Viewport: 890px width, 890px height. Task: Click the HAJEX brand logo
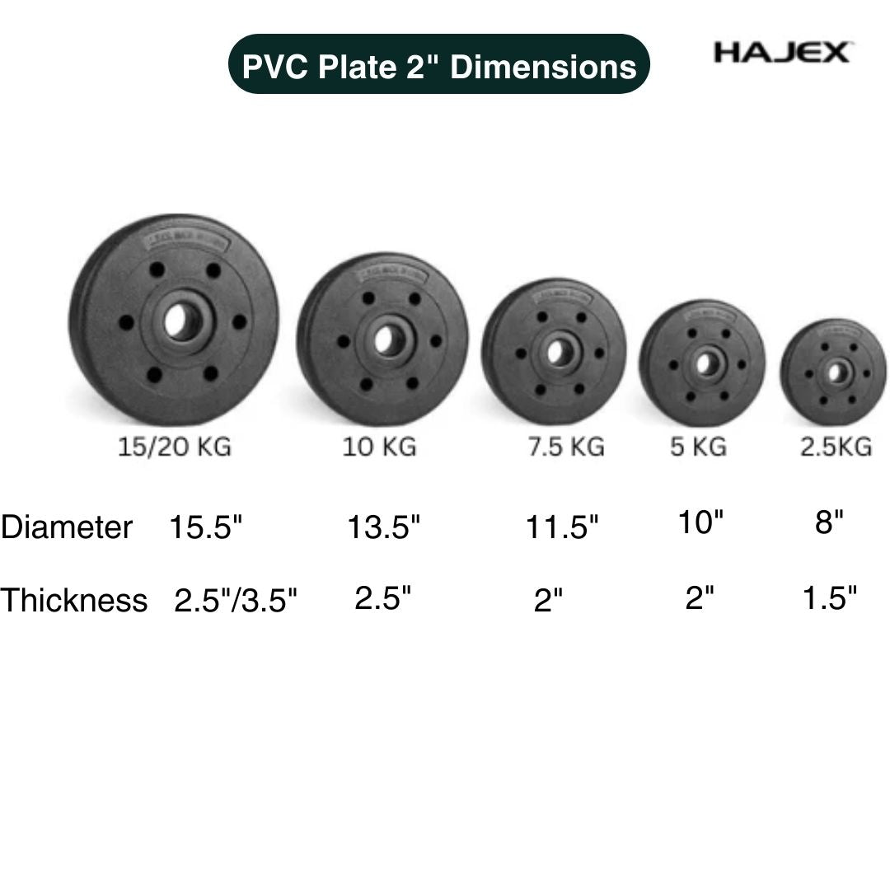click(781, 54)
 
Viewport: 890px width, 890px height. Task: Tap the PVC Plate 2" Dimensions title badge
click(439, 66)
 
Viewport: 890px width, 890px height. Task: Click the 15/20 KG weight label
click(174, 447)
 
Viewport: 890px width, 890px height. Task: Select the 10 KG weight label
click(380, 447)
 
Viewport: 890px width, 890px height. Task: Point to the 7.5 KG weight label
click(566, 447)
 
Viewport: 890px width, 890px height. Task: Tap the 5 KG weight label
click(698, 447)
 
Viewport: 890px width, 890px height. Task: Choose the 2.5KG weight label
click(836, 447)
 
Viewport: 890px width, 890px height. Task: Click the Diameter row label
click(67, 527)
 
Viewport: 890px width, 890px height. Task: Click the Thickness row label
click(74, 600)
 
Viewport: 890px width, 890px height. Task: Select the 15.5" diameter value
click(206, 527)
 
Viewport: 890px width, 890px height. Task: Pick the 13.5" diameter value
click(383, 527)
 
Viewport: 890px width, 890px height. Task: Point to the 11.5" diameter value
click(562, 527)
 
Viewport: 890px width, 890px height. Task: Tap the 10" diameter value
click(700, 522)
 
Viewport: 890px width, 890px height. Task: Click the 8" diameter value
click(829, 522)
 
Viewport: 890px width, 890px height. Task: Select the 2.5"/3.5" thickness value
click(235, 601)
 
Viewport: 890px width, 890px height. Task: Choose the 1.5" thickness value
click(830, 598)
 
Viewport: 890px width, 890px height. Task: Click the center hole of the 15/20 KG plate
click(180, 322)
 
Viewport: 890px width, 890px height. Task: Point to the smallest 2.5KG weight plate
click(834, 372)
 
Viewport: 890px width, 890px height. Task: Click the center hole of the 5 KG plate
click(705, 363)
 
